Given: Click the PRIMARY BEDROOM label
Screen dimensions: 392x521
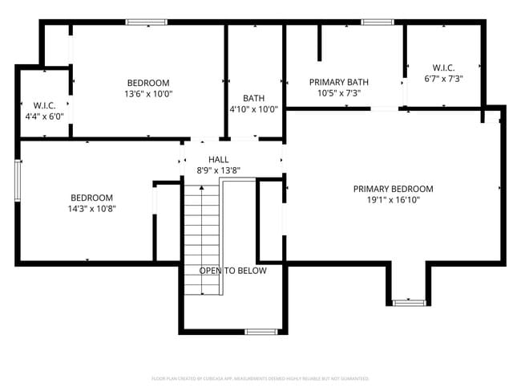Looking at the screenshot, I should click(393, 189).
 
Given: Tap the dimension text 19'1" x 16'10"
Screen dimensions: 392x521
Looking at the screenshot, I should click(393, 200).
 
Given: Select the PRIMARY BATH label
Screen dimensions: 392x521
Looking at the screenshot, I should click(339, 82).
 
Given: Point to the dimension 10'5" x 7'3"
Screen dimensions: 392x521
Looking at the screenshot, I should click(339, 93).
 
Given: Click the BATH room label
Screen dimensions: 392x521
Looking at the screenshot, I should click(254, 98).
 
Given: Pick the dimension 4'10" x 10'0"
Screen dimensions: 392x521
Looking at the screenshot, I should click(254, 109).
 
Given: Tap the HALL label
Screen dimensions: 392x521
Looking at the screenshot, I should click(219, 159).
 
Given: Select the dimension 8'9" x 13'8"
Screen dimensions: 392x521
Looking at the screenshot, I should click(219, 170).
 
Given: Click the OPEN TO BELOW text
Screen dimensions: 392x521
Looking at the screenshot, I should click(232, 271).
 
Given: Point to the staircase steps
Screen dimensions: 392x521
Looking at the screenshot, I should click(202, 233).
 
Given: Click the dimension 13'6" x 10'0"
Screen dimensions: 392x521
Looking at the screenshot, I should click(148, 94).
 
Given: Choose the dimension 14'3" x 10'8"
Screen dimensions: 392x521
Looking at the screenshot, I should click(91, 209).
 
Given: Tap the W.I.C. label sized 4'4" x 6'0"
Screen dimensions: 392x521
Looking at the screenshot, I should click(43, 105).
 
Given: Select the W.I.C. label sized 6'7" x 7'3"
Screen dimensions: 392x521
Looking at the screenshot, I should click(443, 67).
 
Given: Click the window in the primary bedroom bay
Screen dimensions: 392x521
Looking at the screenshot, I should click(409, 302).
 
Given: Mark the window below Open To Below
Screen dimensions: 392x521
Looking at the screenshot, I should click(260, 331).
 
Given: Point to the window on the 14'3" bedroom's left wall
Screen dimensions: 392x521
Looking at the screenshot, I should click(18, 181).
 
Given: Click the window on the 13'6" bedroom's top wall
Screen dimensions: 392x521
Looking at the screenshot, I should click(147, 22).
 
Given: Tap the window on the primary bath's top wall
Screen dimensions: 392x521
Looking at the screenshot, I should click(372, 22).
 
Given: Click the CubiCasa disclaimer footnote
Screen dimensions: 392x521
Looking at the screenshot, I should click(260, 378).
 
